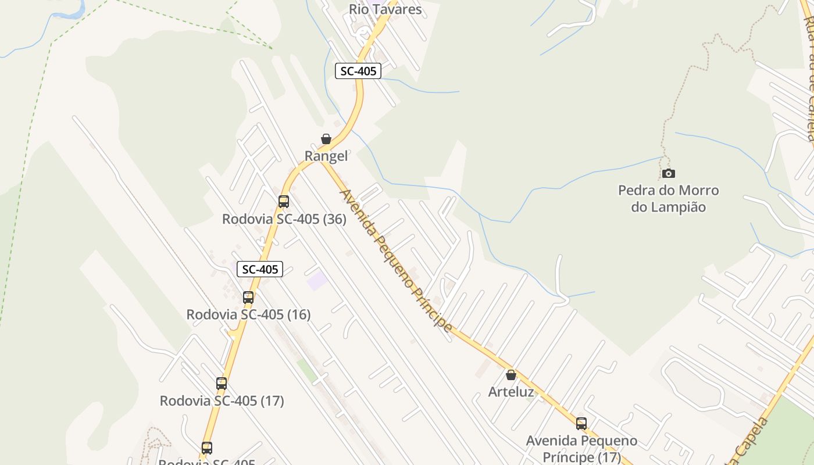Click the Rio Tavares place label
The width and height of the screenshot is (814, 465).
pos(385,9)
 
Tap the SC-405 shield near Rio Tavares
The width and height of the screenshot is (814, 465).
pos(358,71)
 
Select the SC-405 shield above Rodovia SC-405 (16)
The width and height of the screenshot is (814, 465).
pos(260,269)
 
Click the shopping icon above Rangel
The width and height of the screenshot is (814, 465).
pos(326,139)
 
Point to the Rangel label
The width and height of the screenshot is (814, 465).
pos(326,156)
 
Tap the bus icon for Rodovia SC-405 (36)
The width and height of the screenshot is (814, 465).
pos(284,202)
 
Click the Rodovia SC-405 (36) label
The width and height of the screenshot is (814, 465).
pos(284,219)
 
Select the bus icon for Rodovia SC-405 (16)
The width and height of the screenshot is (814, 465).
pos(248,298)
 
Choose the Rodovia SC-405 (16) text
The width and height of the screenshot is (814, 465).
pos(248,314)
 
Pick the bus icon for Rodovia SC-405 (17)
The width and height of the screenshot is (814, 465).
pos(222,384)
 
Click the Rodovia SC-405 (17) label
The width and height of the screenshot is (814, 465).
pos(222,400)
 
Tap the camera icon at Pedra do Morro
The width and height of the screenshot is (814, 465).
pos(669,173)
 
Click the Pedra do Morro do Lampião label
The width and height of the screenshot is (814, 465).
pos(669,198)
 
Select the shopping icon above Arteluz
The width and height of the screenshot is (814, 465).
pos(511,375)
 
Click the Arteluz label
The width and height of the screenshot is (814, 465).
pos(511,392)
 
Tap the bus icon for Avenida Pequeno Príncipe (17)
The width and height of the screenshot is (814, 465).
pos(581,424)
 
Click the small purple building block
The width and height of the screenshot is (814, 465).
pos(317,281)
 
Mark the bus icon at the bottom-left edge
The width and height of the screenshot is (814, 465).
pos(207,448)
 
